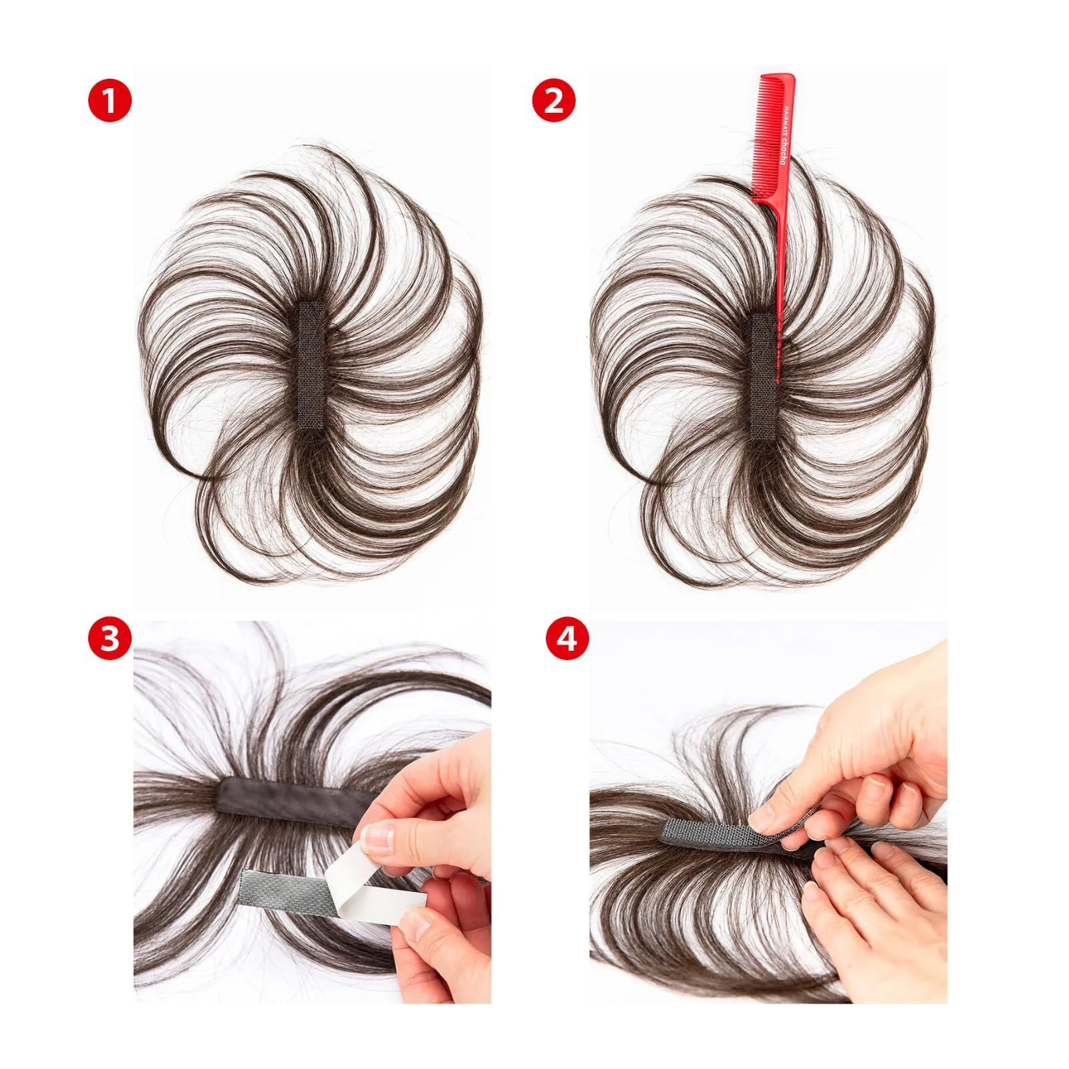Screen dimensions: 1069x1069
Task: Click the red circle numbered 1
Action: tap(110, 101)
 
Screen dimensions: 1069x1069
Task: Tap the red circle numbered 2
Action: tap(554, 101)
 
